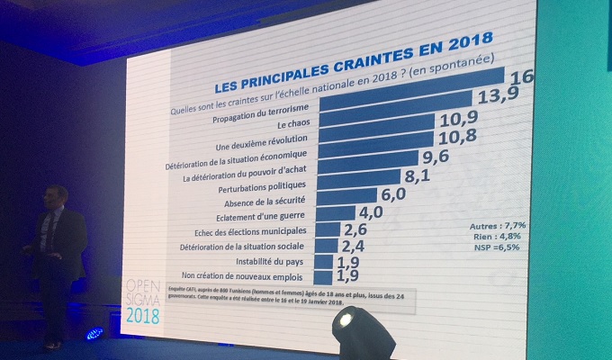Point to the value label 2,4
click(x=352, y=247)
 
